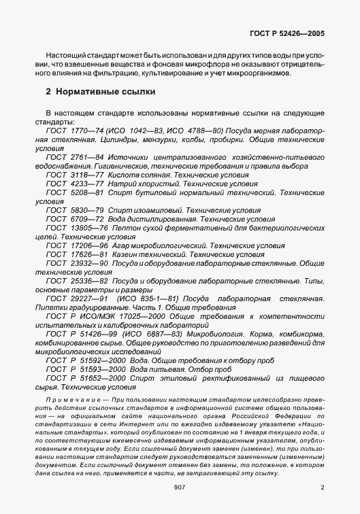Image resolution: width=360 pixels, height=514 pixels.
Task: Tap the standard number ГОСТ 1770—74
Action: click(73, 130)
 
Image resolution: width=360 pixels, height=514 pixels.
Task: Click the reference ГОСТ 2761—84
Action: click(73, 156)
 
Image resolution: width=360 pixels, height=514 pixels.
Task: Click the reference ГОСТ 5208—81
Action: click(73, 192)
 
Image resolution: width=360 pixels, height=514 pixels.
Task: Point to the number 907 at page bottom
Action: click(180, 487)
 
